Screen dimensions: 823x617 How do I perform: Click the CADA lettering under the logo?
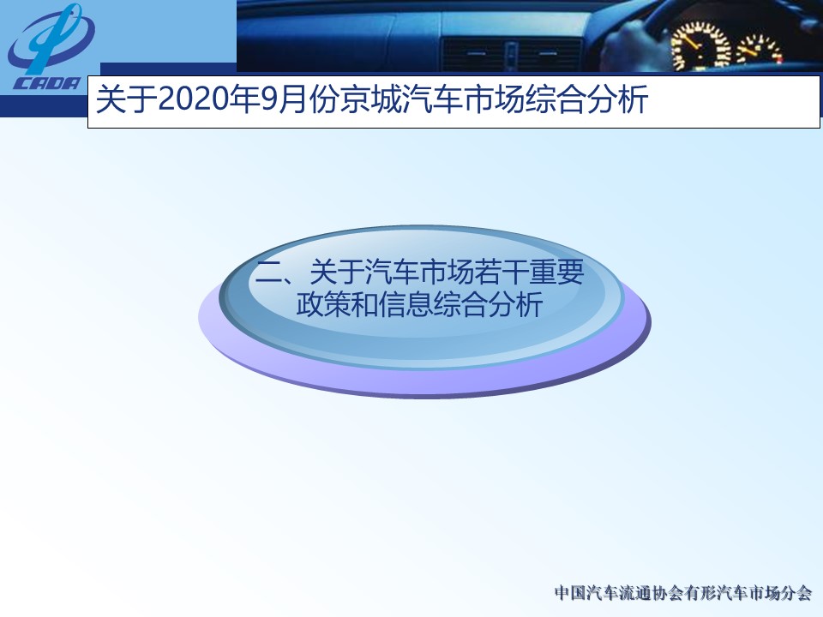pos(47,83)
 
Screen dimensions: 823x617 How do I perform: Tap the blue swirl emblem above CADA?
pos(51,40)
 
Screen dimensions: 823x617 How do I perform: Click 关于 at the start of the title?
pos(127,99)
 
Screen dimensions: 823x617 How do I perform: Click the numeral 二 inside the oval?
pos(268,273)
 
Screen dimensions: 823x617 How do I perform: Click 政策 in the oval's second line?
pos(323,304)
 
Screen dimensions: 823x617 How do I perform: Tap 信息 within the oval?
pos(405,304)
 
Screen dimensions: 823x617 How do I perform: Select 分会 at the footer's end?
pos(796,593)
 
